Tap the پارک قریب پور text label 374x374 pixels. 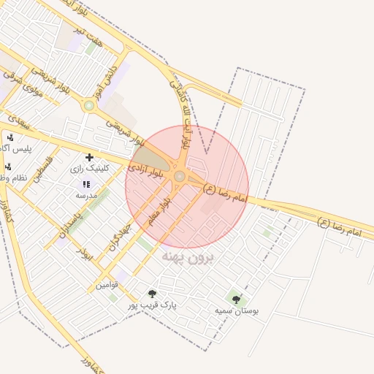click(153, 305)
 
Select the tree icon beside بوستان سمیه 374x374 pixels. click(234, 298)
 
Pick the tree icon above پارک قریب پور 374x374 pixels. click(152, 294)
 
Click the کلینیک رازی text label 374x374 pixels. click(90, 168)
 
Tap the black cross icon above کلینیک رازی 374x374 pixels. click(89, 157)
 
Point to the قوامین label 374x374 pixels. click(107, 285)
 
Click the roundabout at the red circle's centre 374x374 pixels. click(180, 176)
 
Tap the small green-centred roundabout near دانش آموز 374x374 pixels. click(89, 106)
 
